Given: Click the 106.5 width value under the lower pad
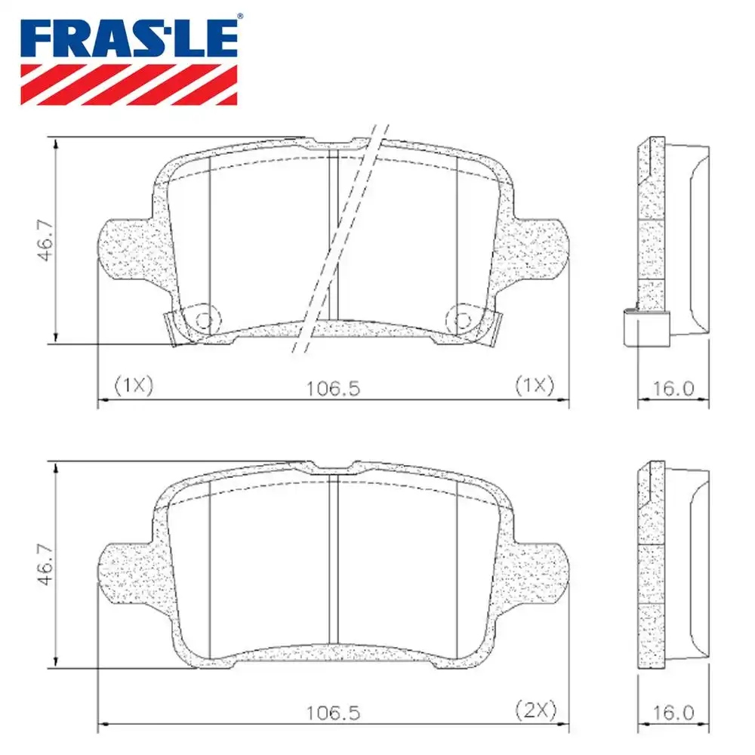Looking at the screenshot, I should tap(334, 712).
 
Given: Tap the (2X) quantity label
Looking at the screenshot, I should tap(535, 709).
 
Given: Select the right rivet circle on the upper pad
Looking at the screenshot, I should tap(459, 318).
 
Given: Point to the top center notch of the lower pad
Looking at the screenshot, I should tap(332, 465).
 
